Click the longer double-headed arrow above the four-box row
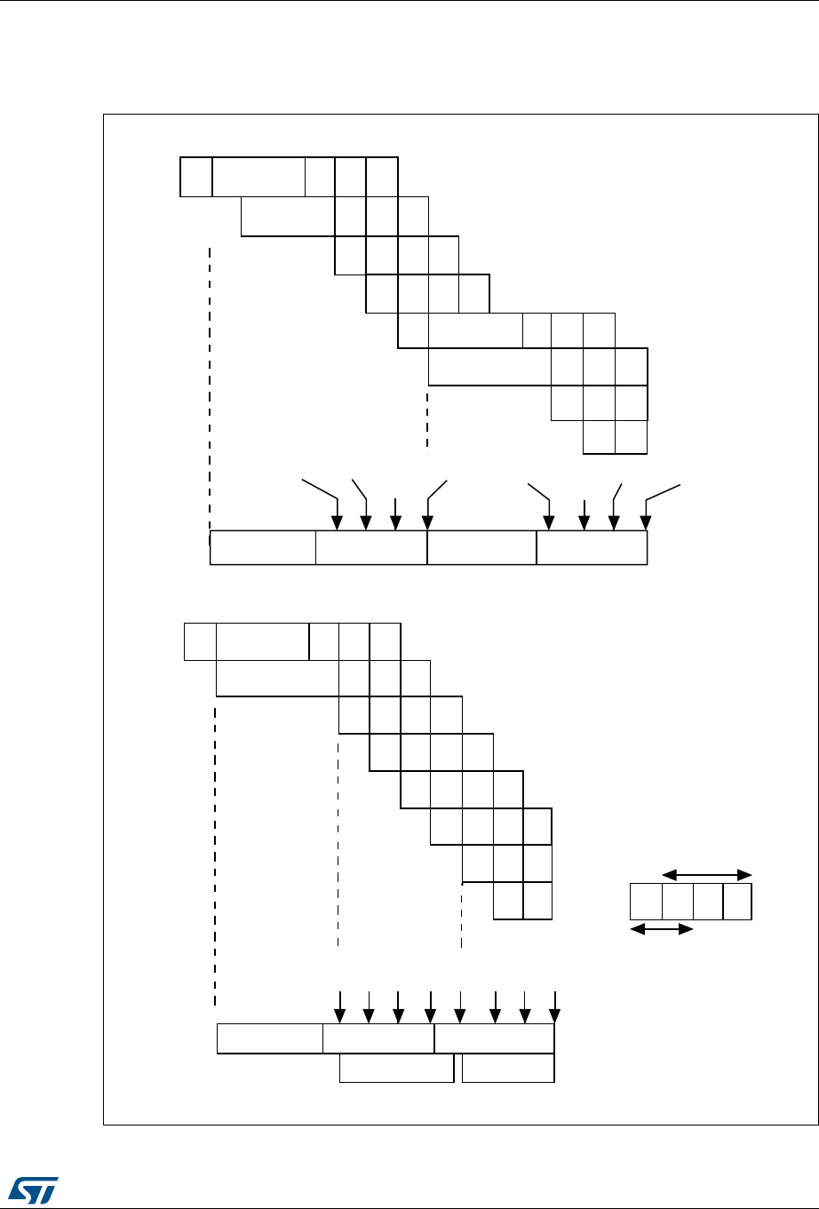point(707,874)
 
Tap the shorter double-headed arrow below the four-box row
point(661,929)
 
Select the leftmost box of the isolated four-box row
point(646,902)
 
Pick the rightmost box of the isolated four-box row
point(737,902)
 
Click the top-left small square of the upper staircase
point(196,176)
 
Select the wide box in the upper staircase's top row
point(258,176)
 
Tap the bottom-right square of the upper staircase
point(632,437)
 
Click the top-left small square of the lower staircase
point(200,642)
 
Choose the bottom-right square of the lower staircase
point(537,901)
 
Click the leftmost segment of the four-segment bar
point(263,548)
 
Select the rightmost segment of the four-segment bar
point(592,548)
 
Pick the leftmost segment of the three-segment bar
point(270,1038)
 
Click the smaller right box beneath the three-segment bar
point(508,1069)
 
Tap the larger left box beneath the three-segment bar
point(397,1069)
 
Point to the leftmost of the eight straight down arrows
point(338,1006)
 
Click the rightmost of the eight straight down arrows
point(554,1006)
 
